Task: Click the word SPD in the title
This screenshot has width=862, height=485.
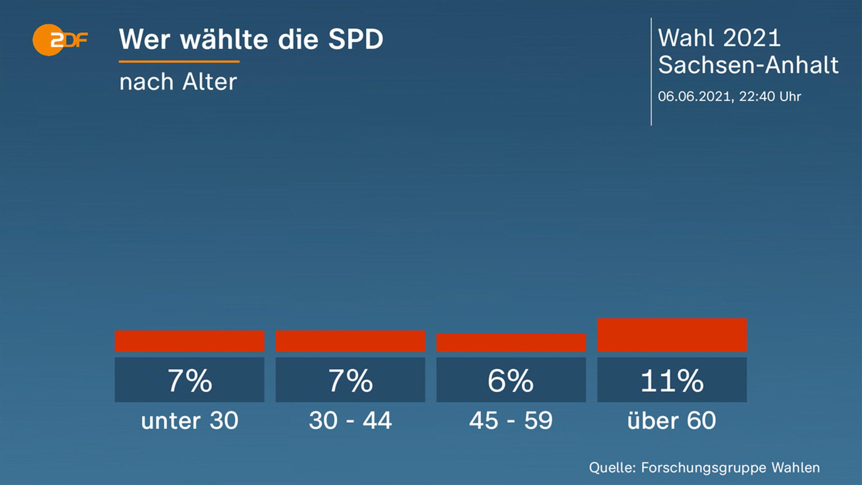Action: tap(356, 40)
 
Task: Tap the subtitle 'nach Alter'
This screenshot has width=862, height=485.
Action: tap(178, 82)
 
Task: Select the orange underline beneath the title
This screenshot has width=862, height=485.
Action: tap(179, 62)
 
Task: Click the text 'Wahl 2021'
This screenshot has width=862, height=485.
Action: tap(719, 38)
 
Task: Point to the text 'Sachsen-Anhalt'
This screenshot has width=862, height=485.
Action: tap(748, 65)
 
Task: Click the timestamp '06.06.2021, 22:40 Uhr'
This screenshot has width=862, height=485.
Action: tap(729, 96)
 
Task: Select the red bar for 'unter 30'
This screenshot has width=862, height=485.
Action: tap(189, 341)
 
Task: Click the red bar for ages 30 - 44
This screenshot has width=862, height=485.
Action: tap(350, 341)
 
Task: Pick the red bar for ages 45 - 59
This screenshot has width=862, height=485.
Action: tap(511, 343)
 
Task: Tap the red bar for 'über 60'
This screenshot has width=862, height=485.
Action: tap(672, 335)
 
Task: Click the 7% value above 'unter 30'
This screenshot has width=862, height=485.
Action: tap(189, 380)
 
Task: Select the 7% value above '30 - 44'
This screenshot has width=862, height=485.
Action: tap(350, 380)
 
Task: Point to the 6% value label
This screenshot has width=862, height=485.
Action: tap(511, 380)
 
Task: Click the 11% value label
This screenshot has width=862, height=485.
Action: tap(672, 380)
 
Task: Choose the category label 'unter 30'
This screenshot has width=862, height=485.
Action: tap(189, 420)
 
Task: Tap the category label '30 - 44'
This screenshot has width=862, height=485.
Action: tap(350, 420)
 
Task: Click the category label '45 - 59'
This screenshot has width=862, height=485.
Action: tap(511, 420)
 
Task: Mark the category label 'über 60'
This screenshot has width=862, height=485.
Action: tap(672, 420)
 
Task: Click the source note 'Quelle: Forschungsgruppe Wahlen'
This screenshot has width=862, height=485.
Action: tap(704, 468)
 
